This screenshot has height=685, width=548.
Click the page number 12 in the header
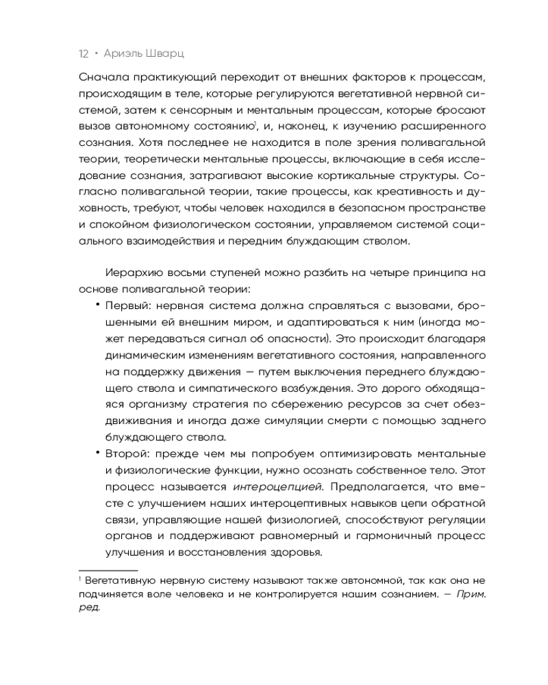(x=84, y=53)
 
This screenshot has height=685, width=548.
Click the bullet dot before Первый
(x=98, y=303)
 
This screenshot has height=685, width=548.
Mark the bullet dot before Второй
(x=98, y=453)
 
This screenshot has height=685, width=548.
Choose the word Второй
(x=126, y=454)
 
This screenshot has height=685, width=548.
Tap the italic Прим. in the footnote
(x=471, y=595)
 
